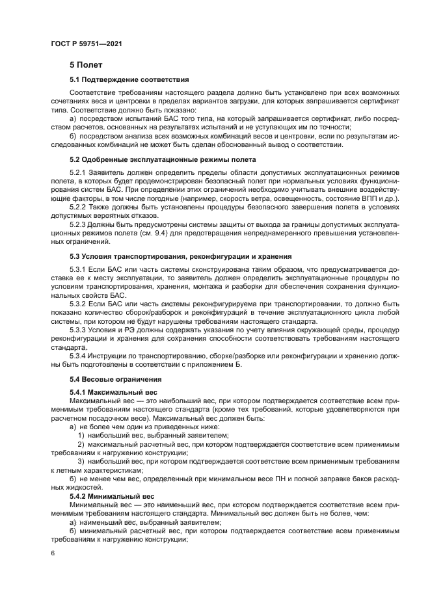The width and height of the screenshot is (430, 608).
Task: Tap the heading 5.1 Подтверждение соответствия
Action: coord(129,80)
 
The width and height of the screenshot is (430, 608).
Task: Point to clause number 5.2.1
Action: coord(78,172)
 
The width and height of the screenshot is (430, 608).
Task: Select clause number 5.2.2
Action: coord(78,206)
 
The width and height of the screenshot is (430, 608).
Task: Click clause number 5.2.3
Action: coord(78,224)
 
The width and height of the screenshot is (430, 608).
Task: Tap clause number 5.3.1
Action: coord(78,269)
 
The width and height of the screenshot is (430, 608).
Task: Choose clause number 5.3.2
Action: coord(78,304)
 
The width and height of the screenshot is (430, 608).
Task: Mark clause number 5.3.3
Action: coord(78,330)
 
